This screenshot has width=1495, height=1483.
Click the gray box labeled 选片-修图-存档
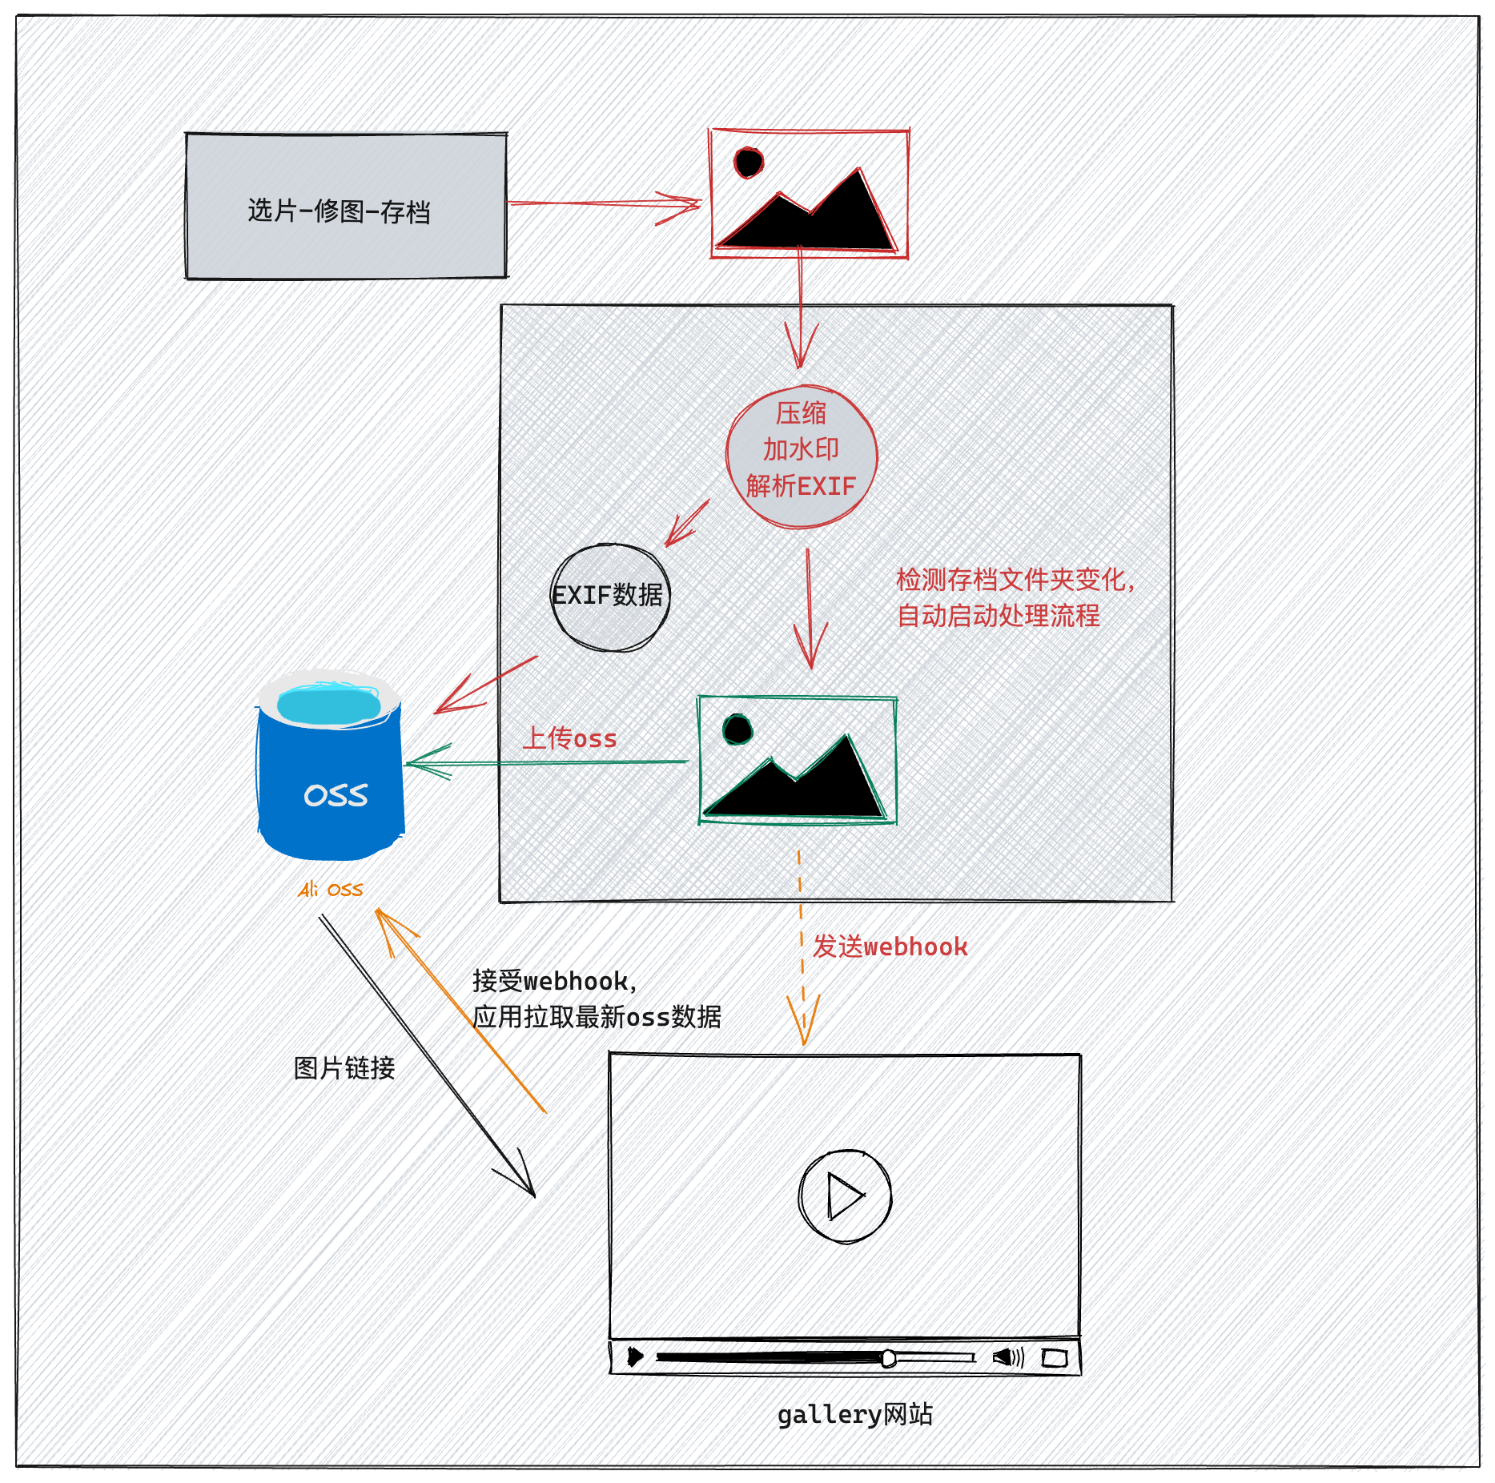(346, 206)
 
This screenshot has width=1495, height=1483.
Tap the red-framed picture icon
(809, 193)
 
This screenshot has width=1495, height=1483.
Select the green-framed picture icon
(798, 760)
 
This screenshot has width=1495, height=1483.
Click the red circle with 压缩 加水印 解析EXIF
(802, 457)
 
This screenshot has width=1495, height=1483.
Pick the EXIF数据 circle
(610, 597)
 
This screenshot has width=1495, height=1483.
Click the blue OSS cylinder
(330, 765)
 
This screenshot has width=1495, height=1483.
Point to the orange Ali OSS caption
(331, 890)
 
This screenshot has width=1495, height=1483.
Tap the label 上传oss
(570, 738)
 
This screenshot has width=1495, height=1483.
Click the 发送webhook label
(890, 946)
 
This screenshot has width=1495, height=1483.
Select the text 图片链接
(344, 1068)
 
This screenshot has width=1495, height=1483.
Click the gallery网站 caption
(855, 1415)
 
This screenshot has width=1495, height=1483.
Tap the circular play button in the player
(845, 1196)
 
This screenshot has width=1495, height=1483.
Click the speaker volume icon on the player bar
(1008, 1357)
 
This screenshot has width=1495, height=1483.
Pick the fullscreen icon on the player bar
(1055, 1358)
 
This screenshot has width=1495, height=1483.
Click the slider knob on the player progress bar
(888, 1358)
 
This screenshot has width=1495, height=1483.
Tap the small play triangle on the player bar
(635, 1357)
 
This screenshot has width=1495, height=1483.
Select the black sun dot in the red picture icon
(749, 163)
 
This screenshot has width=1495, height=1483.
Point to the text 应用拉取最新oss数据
(597, 1017)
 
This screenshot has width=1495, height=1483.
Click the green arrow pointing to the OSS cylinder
(547, 762)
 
